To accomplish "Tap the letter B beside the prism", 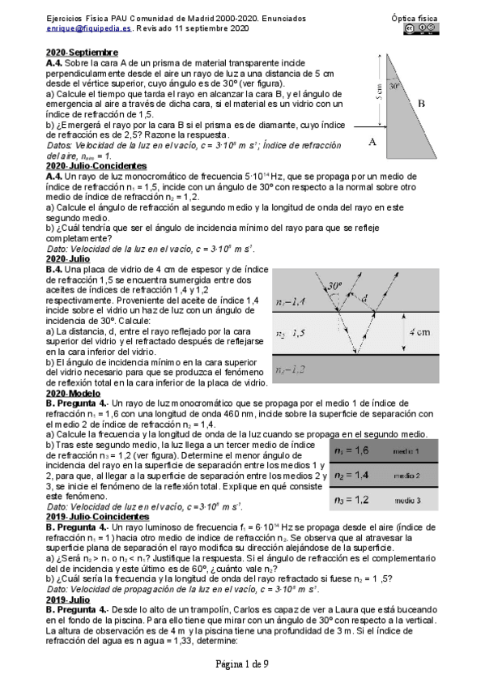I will (421, 104).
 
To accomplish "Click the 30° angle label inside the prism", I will (394, 83).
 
